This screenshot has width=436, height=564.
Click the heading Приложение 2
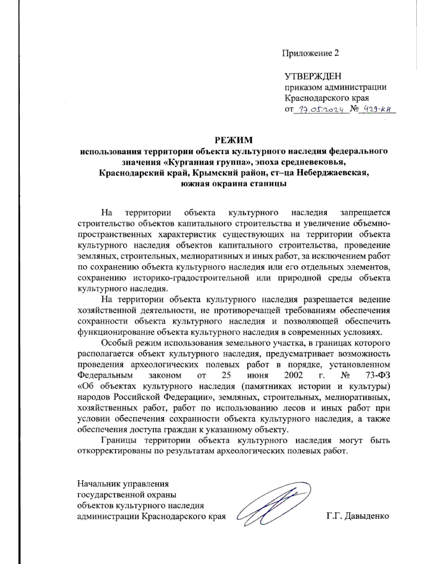tap(310, 53)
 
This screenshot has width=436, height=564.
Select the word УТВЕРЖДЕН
tap(313, 76)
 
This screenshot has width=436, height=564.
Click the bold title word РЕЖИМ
tap(233, 140)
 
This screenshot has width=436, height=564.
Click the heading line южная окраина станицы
tap(234, 183)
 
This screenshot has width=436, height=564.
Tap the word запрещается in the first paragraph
tap(365, 212)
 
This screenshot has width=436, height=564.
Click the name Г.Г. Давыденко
tap(358, 516)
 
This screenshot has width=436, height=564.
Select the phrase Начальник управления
tap(123, 484)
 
